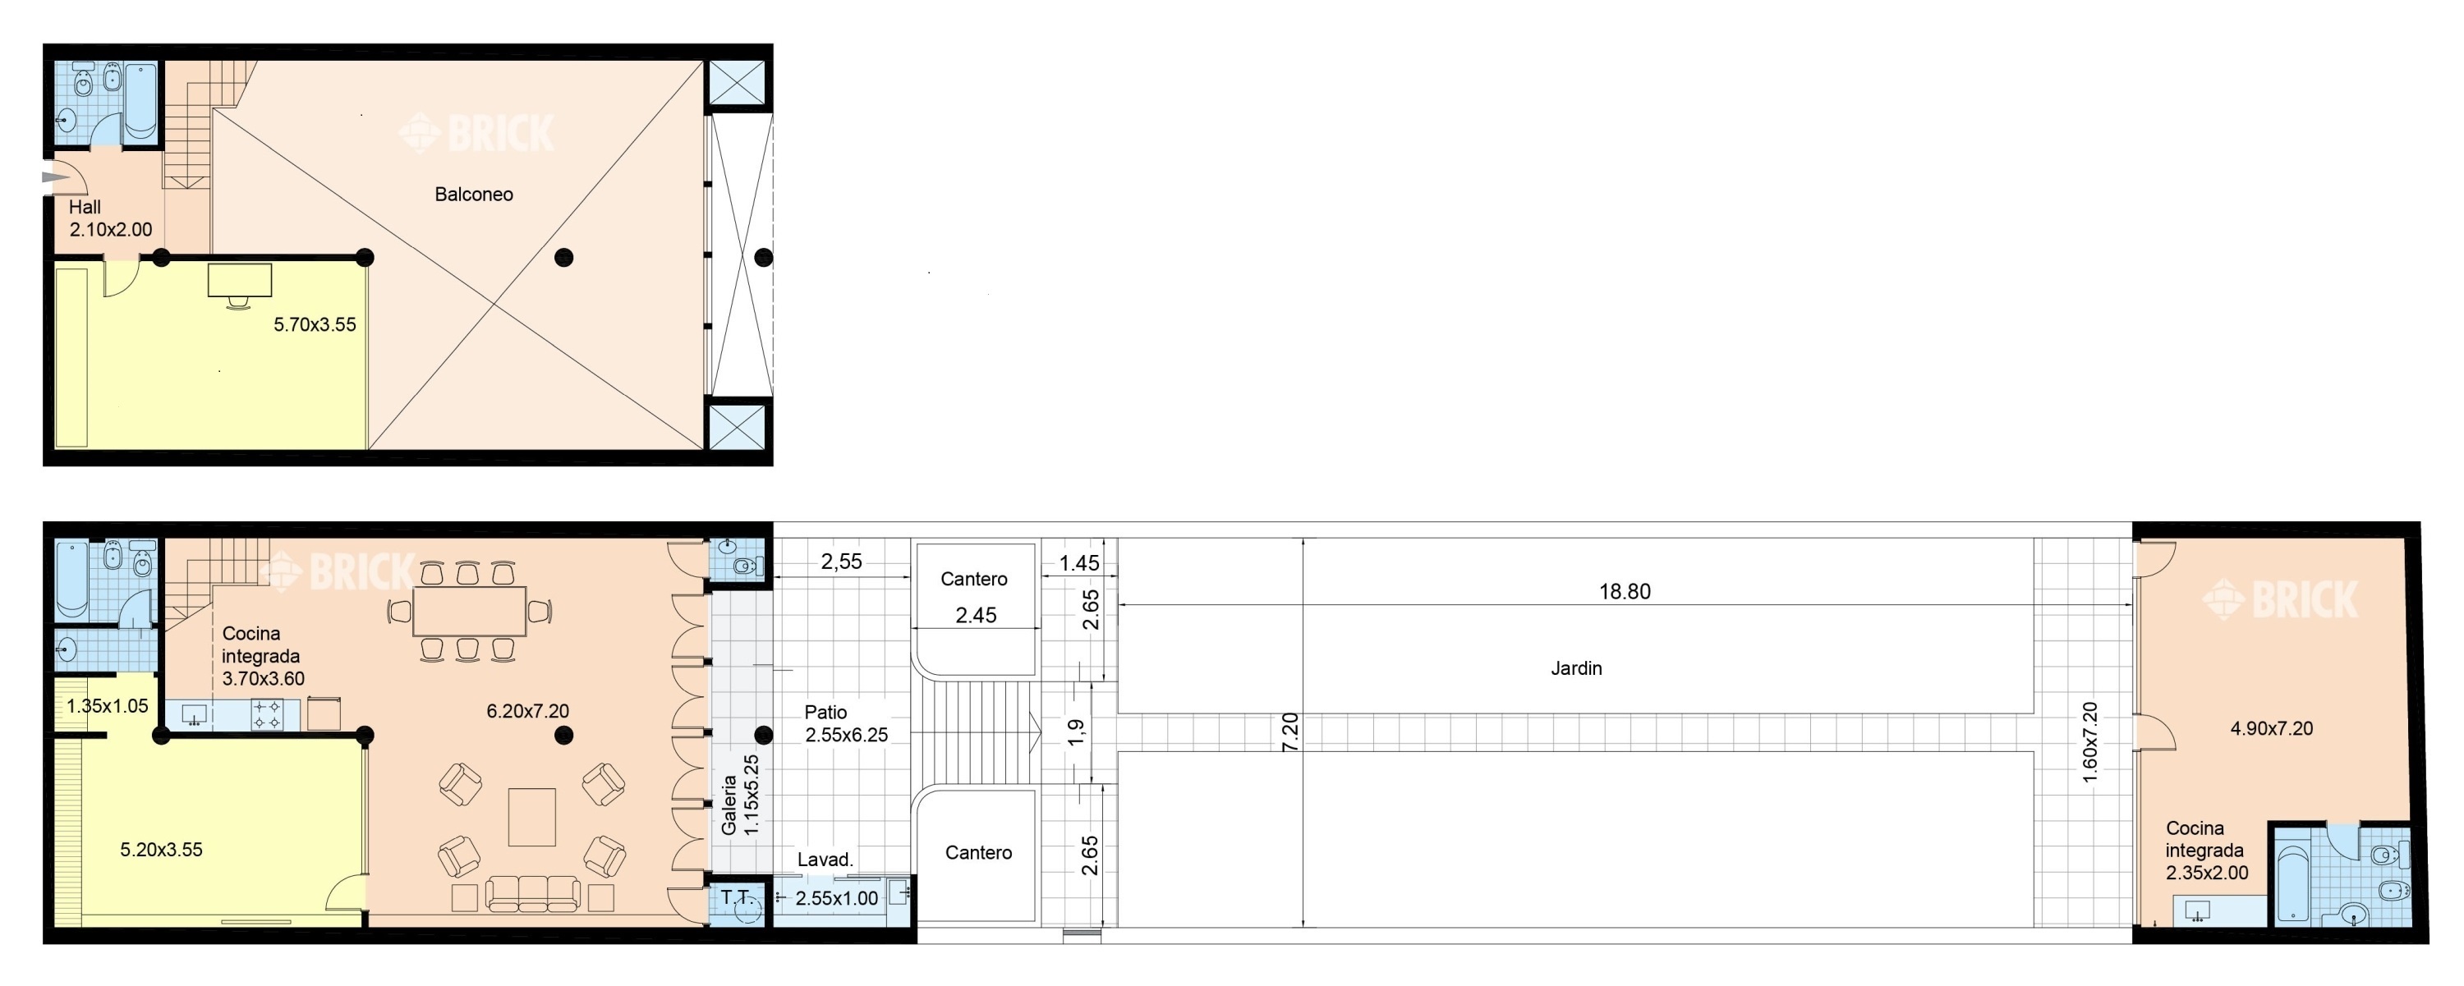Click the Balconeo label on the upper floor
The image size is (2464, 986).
click(473, 194)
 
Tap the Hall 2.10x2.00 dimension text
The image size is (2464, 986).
click(110, 218)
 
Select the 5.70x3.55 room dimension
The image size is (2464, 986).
click(315, 324)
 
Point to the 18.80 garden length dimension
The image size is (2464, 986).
click(1624, 591)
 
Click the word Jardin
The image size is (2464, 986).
click(1575, 667)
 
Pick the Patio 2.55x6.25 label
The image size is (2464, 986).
click(846, 723)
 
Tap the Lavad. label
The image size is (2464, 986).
click(825, 859)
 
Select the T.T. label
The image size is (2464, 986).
click(738, 897)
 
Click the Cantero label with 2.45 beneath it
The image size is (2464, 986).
click(974, 579)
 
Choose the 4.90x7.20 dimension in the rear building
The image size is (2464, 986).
click(2271, 727)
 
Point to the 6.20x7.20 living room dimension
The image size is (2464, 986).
click(527, 711)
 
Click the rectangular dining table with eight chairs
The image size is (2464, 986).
click(469, 611)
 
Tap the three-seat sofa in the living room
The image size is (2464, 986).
click(532, 894)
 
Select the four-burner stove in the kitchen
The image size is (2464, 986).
click(267, 714)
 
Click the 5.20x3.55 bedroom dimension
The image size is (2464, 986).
click(161, 849)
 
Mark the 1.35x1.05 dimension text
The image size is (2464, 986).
click(107, 706)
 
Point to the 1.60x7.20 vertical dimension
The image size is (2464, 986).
click(2089, 742)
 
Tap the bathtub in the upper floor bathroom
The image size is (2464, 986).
click(140, 101)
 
